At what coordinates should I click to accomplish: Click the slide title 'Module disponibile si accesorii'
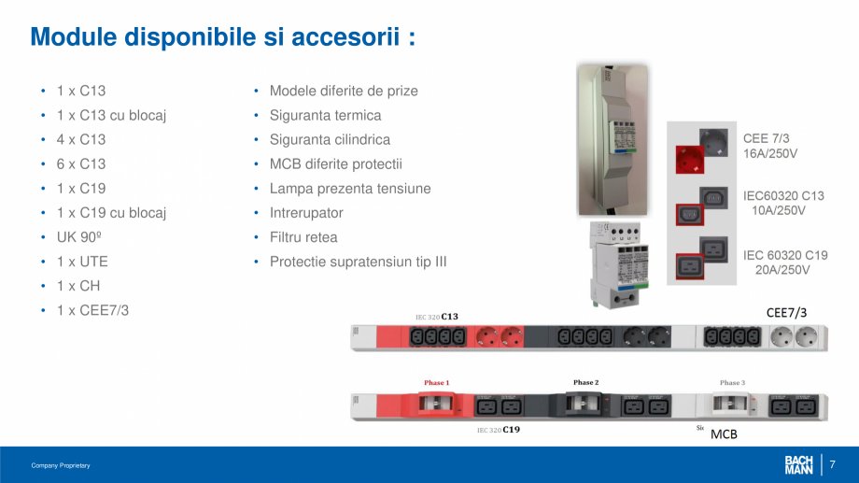(x=222, y=37)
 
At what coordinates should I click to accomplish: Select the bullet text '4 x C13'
(x=81, y=139)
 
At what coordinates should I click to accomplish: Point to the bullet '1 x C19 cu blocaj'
(x=111, y=213)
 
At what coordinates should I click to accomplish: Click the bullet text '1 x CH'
(x=78, y=286)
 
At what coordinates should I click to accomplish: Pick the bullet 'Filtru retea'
(x=303, y=237)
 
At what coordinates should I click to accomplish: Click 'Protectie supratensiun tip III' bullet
(x=358, y=262)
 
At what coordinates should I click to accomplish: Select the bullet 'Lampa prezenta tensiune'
(x=350, y=189)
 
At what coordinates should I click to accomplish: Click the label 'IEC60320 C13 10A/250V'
(x=783, y=204)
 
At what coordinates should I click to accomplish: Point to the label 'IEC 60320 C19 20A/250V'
(x=785, y=262)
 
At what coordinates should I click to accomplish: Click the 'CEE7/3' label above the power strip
(x=786, y=312)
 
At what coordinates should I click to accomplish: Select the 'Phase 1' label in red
(x=436, y=383)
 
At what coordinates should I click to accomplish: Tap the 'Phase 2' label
(x=585, y=383)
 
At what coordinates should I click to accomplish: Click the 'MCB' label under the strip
(x=724, y=434)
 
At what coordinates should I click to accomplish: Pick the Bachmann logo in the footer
(x=798, y=464)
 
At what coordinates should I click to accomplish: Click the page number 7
(x=833, y=464)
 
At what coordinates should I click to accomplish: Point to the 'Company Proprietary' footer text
(x=61, y=465)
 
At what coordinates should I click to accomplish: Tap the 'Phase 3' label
(x=732, y=383)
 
